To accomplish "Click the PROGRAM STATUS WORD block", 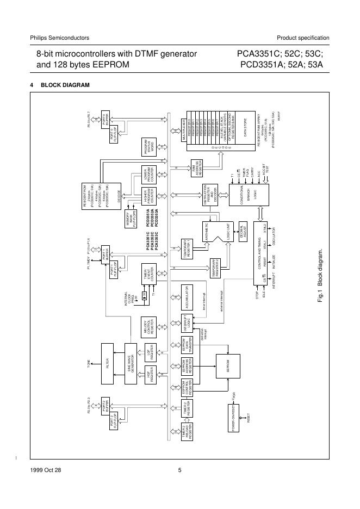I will [149, 146].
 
